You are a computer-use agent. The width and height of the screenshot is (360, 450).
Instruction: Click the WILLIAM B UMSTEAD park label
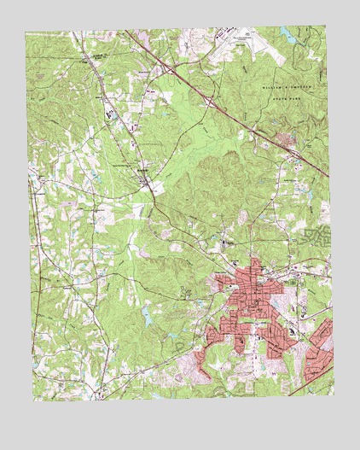coord(285,87)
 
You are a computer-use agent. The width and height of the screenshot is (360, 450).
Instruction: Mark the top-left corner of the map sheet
coord(26,33)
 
